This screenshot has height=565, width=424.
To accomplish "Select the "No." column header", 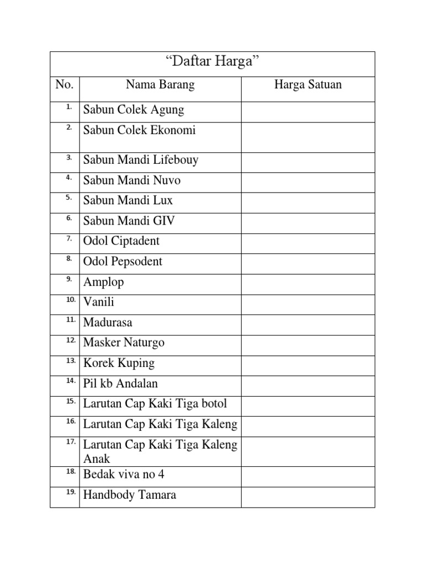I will [x=65, y=84].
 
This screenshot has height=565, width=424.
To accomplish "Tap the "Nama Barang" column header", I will [x=160, y=84].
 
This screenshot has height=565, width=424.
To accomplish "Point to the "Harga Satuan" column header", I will [x=308, y=84].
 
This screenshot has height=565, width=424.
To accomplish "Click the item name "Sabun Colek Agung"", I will [x=134, y=110].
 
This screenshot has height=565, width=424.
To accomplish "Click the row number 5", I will [x=69, y=197].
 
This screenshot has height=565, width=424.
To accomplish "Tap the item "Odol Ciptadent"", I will [x=121, y=241].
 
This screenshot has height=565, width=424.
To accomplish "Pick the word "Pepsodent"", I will [x=137, y=262].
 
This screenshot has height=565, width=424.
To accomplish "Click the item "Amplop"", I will [x=104, y=282].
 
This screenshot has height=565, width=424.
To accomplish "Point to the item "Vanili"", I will [x=99, y=302].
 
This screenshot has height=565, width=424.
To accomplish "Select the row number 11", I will [x=70, y=319].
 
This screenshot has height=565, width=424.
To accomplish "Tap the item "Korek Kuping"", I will [x=119, y=363].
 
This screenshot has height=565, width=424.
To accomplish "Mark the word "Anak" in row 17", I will [x=97, y=459].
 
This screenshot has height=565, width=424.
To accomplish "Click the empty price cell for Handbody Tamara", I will [x=308, y=497].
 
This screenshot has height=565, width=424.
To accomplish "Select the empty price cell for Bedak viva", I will [x=308, y=476].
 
